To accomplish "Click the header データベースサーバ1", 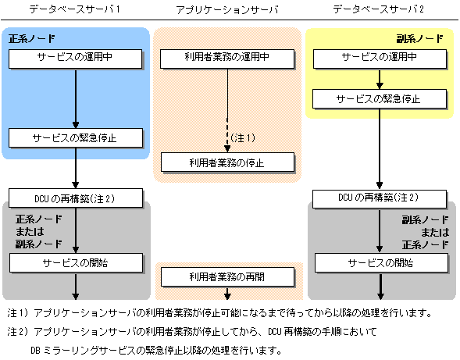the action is [x=75, y=9].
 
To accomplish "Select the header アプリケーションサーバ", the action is [x=226, y=10].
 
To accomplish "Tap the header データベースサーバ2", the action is [x=378, y=9].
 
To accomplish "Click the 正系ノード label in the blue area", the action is [x=32, y=38].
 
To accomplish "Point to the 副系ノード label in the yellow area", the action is [x=419, y=38].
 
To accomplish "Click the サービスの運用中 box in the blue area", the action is [x=76, y=59].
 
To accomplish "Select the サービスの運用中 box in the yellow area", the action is [x=380, y=59].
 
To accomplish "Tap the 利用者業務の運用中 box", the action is [x=227, y=59].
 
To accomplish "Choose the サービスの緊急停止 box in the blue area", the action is [x=76, y=137].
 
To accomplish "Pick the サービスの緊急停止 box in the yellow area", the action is [x=380, y=99].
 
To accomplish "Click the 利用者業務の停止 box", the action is [x=227, y=162].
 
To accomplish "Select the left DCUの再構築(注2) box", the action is [x=76, y=198].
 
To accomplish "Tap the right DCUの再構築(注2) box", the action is [x=380, y=199].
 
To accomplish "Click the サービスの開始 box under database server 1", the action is [x=76, y=263].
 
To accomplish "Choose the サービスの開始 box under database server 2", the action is [x=381, y=263].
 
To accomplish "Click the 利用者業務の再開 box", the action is [x=227, y=276].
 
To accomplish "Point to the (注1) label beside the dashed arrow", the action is [x=243, y=137].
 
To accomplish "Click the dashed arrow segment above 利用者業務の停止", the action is [x=227, y=135].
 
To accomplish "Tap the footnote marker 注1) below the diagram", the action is [x=18, y=313].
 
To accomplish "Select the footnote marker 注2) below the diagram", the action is [x=18, y=332].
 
